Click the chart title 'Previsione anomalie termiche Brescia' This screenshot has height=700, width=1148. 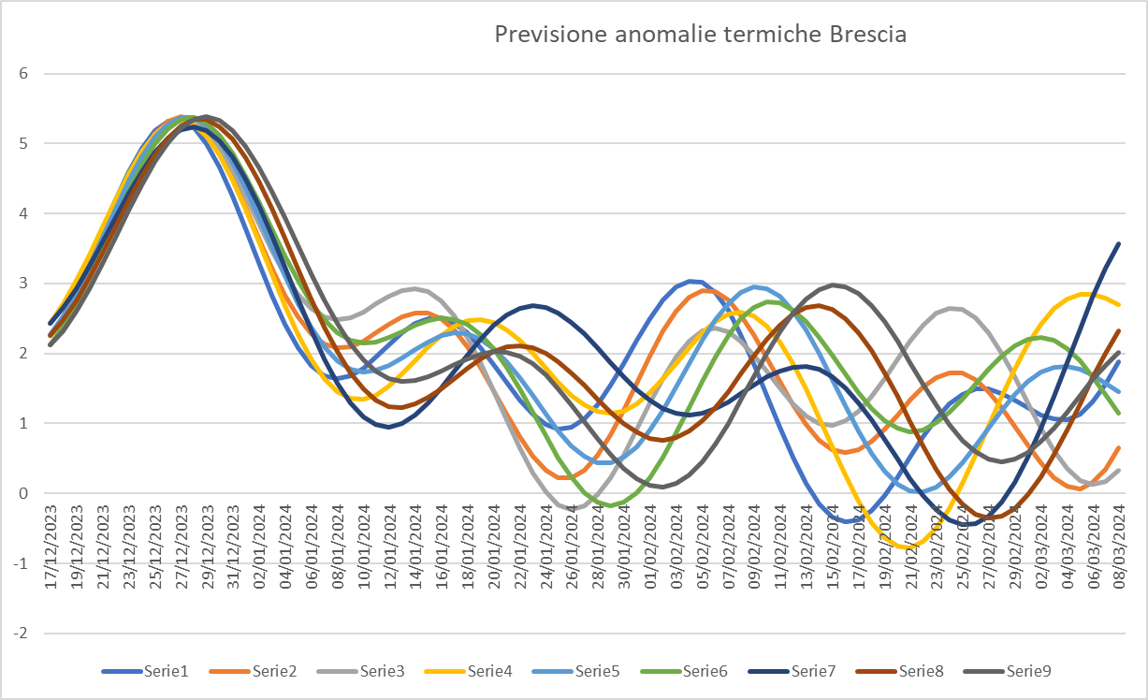(x=700, y=36)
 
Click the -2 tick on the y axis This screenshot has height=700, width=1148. (x=20, y=633)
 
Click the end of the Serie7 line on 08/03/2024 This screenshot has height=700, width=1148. (x=1120, y=243)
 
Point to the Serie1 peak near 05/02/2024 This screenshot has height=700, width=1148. (x=691, y=281)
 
